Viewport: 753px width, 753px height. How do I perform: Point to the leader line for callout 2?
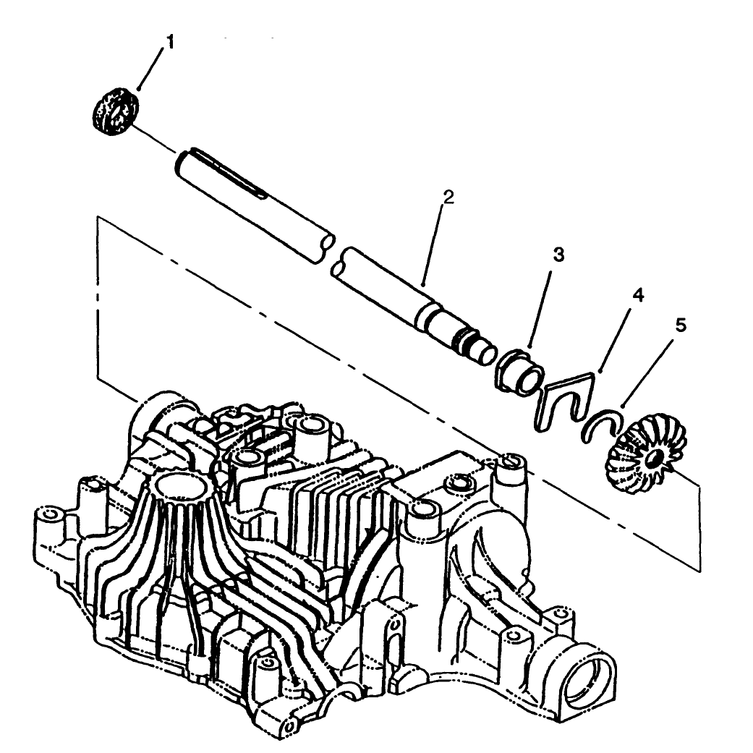tap(435, 243)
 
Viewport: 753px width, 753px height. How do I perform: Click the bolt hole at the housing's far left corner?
tap(49, 514)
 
